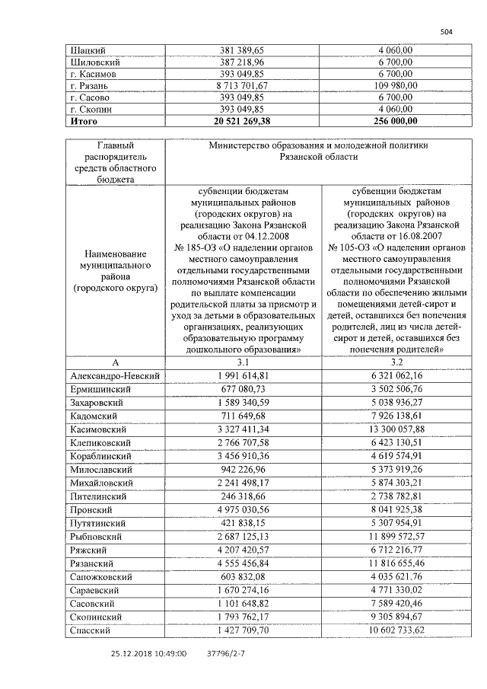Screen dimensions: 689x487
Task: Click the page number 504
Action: coord(447,31)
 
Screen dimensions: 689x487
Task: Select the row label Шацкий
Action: coord(84,49)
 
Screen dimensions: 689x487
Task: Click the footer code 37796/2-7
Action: coord(226,652)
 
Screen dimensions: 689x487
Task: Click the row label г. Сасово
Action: coord(89,97)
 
